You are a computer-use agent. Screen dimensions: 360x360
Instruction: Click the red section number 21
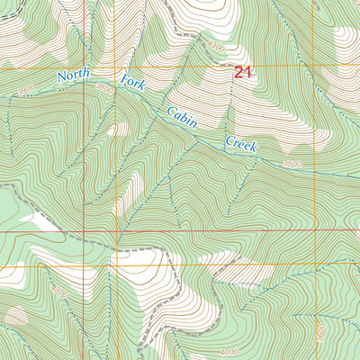click(243, 73)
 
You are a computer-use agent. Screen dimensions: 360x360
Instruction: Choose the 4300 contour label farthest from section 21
click(60, 292)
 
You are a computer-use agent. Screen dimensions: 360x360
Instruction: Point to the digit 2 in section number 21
click(238, 73)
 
